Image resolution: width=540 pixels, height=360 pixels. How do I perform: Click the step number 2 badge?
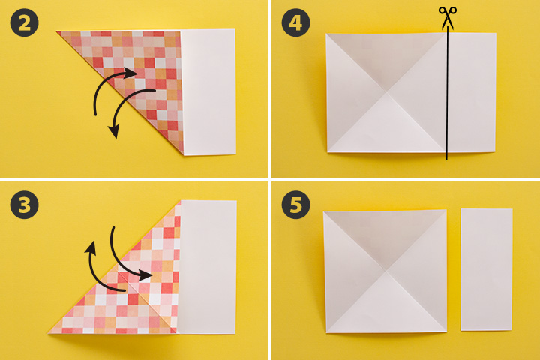click(24, 22)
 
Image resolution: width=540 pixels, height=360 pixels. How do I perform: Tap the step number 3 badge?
click(24, 205)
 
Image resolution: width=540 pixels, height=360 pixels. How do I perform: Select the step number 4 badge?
click(295, 22)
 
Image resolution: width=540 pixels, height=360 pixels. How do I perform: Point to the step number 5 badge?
click(295, 205)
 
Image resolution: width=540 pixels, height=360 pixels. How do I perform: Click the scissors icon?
click(447, 18)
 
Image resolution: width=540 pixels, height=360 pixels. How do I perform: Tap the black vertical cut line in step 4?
click(447, 93)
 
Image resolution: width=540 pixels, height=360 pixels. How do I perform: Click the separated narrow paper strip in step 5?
click(487, 269)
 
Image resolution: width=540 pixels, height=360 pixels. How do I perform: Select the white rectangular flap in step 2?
click(208, 92)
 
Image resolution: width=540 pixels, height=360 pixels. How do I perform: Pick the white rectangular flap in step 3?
click(208, 267)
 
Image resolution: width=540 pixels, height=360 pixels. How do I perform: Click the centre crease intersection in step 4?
click(387, 92)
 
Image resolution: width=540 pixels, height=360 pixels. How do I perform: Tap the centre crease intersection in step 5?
click(386, 271)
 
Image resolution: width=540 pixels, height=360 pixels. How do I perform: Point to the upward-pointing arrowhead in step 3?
click(91, 247)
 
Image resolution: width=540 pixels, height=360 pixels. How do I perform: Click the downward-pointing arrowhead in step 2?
click(114, 132)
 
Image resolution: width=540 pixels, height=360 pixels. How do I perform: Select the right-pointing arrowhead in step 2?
click(131, 73)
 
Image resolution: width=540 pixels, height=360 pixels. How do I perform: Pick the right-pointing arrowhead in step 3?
click(145, 274)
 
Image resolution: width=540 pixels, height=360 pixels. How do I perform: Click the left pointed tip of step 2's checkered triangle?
click(57, 32)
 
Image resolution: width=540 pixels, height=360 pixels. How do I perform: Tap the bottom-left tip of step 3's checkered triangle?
click(49, 333)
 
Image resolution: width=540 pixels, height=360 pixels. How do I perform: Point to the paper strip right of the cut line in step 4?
click(472, 92)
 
